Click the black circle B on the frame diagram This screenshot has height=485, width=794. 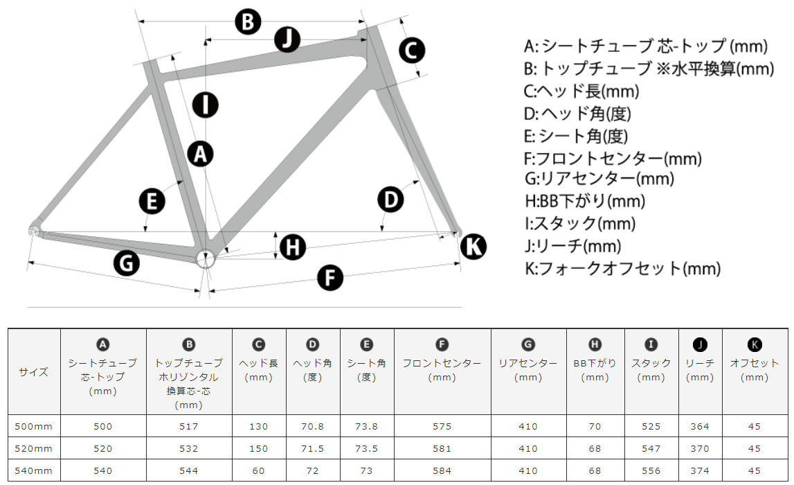[x=248, y=22]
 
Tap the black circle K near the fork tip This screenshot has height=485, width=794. [x=473, y=247]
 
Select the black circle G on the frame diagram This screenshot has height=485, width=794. [x=127, y=263]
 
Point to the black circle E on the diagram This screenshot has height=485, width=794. [x=152, y=201]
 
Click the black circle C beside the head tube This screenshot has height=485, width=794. [x=412, y=51]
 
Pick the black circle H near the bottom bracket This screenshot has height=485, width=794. [x=293, y=247]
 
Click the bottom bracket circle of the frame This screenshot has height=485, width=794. [x=206, y=259]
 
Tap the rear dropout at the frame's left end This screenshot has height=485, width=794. [x=34, y=231]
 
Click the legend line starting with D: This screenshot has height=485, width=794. [x=577, y=114]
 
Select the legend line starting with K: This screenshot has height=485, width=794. [x=622, y=268]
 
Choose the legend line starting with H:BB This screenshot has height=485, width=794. [x=585, y=201]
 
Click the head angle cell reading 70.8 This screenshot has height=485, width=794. [x=312, y=427]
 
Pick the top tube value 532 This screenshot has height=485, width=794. [x=189, y=449]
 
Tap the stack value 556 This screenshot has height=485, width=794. [x=651, y=471]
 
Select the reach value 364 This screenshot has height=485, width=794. [x=700, y=427]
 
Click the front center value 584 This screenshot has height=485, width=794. [x=442, y=471]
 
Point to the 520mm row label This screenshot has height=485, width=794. [x=33, y=449]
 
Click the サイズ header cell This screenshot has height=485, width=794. [x=34, y=372]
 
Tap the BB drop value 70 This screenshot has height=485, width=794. [x=595, y=427]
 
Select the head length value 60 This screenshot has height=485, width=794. [x=259, y=471]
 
